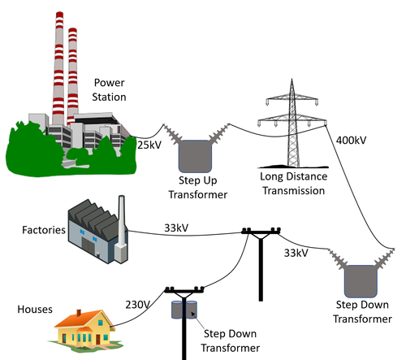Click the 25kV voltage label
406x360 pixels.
pyautogui.click(x=149, y=145)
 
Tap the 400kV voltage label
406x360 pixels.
pyautogui.click(x=351, y=141)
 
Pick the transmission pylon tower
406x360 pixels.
pyautogui.click(x=287, y=130)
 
